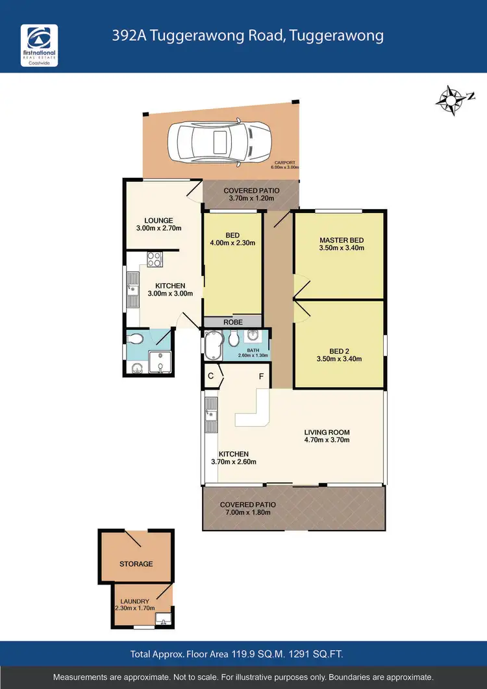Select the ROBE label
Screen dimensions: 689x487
(232, 321)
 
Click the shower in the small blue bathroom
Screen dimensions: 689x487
(158, 362)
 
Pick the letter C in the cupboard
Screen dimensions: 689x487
(211, 376)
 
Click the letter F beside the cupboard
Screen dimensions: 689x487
(260, 376)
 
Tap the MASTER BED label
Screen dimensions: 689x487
(341, 239)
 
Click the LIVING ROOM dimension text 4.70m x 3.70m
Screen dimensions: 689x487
(327, 440)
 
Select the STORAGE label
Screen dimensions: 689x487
(136, 564)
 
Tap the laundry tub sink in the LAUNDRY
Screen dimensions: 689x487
(164, 619)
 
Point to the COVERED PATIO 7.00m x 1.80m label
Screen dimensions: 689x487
(247, 508)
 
